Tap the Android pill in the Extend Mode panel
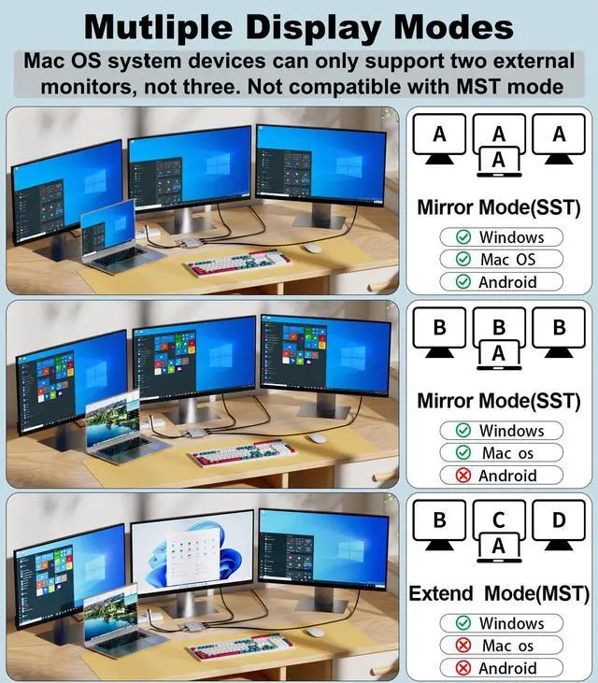(502, 667)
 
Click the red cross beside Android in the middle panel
(462, 476)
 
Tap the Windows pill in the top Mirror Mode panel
(502, 237)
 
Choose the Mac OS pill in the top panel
(502, 260)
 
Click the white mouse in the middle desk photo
(318, 438)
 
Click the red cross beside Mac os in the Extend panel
(462, 646)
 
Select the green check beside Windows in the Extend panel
(462, 623)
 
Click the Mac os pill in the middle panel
(502, 453)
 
